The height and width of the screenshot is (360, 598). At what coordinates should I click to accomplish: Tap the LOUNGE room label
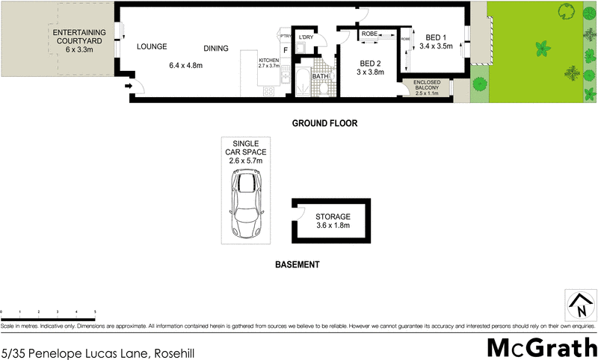pos(151,47)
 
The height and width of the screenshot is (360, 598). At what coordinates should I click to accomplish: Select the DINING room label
pos(216,49)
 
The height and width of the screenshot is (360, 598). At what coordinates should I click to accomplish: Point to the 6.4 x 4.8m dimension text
pos(187,66)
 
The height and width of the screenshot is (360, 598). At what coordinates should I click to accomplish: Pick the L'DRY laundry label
pos(305,37)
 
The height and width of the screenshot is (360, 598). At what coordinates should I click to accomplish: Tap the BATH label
pos(320,76)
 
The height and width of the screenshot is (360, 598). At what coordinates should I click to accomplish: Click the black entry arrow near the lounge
pos(128,87)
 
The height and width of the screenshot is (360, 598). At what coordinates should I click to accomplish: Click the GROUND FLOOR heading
pos(325,122)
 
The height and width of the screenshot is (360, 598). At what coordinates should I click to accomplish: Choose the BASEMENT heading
pos(297,264)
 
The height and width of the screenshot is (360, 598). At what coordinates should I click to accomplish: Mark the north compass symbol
pos(579,305)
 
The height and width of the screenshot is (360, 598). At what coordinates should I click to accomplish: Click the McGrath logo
pos(541,347)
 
